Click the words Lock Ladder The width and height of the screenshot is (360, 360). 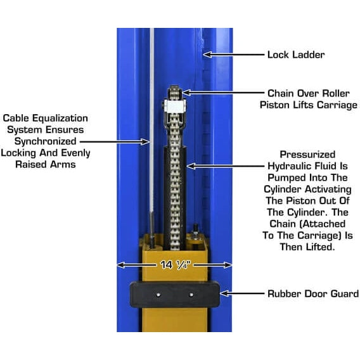[296, 55]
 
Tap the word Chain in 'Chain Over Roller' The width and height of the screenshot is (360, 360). [281, 93]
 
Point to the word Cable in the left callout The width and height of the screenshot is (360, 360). [17, 119]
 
